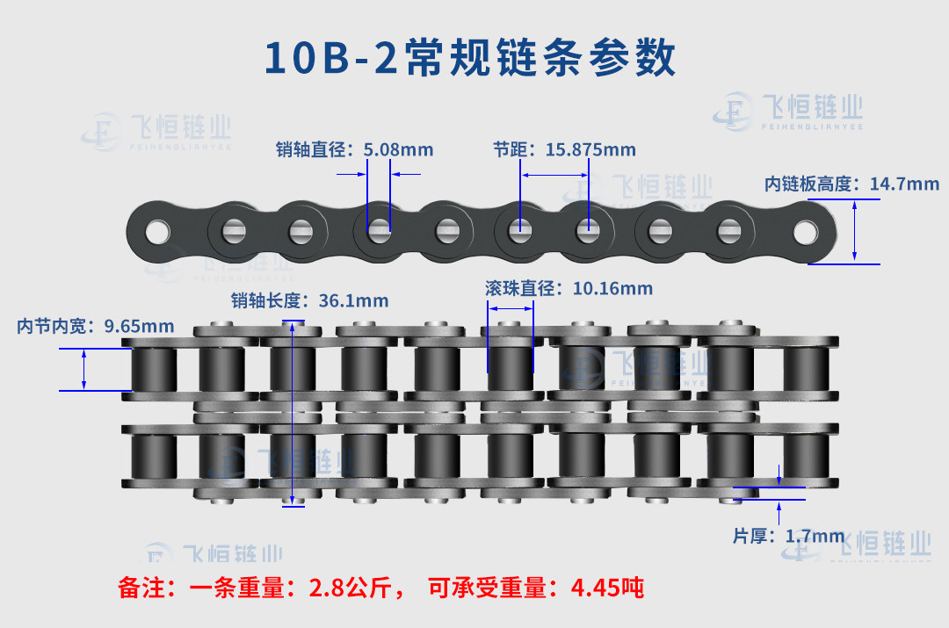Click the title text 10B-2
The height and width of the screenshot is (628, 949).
(331, 57)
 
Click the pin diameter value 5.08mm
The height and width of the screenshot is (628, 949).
(398, 149)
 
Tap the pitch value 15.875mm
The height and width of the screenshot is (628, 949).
(590, 149)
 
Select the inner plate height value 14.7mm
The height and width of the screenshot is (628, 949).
(904, 184)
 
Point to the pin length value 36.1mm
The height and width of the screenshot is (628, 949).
(353, 300)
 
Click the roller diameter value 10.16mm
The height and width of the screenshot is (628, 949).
(612, 289)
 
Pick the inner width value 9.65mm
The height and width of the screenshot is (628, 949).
(139, 326)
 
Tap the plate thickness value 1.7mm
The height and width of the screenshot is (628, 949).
(815, 536)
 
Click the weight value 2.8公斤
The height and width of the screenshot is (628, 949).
(351, 588)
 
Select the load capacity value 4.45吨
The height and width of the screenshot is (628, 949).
(608, 588)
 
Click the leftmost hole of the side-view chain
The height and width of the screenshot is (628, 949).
(157, 233)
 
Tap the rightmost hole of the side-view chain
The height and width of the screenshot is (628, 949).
(806, 233)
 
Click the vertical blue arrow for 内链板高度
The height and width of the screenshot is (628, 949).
(854, 232)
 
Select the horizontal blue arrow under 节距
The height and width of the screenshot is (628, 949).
(555, 176)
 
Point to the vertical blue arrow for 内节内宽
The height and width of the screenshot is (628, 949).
(83, 370)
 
